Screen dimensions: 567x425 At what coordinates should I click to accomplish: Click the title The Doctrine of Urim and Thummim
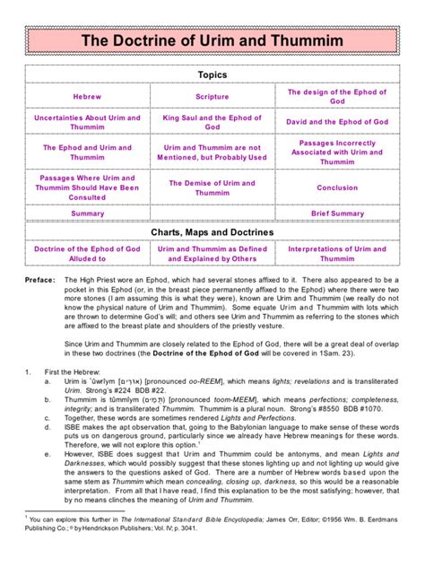(x=212, y=40)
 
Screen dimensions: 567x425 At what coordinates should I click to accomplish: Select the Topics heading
(x=212, y=74)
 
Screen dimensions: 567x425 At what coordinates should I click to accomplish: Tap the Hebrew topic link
(x=87, y=97)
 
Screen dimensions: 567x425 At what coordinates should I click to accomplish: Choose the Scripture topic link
(x=212, y=97)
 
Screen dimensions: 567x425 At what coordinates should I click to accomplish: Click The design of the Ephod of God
(x=337, y=97)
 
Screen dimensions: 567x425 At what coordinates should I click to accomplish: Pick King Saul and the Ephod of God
(x=212, y=122)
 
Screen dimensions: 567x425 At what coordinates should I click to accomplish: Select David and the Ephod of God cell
(x=337, y=122)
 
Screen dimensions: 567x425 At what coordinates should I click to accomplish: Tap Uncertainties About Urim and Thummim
(x=87, y=122)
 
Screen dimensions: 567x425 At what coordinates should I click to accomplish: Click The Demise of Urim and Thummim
(x=212, y=188)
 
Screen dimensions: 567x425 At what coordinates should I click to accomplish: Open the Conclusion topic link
(x=337, y=188)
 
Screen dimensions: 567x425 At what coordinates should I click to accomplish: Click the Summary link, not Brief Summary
(x=87, y=214)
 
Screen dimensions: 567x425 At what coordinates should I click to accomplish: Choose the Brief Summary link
(x=337, y=214)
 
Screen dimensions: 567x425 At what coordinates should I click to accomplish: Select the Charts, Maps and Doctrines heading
(x=212, y=232)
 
